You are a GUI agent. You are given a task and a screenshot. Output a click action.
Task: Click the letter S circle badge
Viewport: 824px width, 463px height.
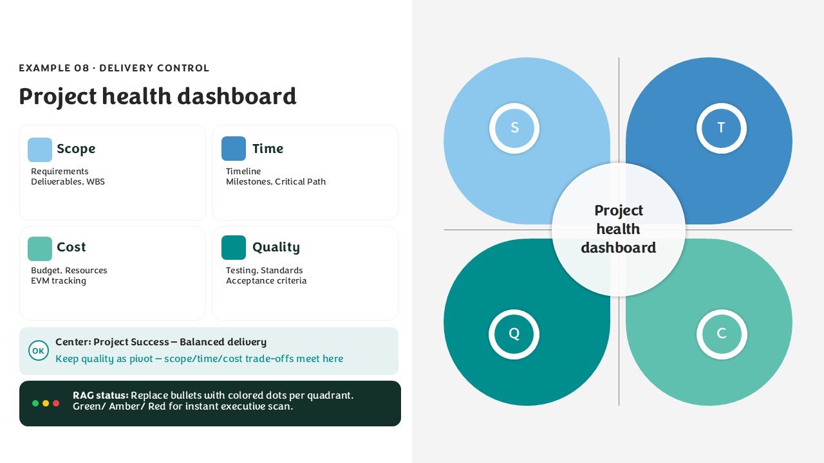tap(514, 128)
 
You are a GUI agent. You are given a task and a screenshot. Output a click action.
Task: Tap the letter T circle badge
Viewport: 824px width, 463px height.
tap(722, 128)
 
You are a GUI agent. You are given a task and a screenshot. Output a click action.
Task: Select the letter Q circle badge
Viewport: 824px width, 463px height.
tap(514, 334)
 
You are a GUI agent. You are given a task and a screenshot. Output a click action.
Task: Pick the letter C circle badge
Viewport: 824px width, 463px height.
tap(722, 334)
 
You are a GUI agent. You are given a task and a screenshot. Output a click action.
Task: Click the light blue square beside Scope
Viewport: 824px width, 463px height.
tap(40, 150)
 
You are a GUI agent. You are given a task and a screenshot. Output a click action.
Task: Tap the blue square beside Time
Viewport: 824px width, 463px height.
tap(234, 149)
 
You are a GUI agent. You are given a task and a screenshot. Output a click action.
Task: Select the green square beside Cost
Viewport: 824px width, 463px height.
tap(40, 249)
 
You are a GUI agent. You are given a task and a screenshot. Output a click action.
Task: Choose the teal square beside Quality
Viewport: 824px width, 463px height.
tap(234, 248)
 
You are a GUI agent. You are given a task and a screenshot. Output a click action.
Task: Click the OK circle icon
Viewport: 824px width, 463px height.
tap(38, 350)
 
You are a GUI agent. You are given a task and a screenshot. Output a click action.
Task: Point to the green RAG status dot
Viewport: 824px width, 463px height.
tap(35, 403)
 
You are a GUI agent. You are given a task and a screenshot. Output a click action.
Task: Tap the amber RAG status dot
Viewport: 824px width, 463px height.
tap(46, 403)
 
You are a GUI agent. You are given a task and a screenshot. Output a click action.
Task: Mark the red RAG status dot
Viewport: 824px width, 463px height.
tap(56, 403)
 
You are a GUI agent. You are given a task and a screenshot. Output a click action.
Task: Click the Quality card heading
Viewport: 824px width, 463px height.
tap(276, 248)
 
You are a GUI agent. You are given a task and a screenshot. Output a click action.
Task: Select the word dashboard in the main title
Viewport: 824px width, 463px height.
tap(236, 96)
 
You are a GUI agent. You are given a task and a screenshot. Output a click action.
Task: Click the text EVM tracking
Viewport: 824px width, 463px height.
tap(59, 281)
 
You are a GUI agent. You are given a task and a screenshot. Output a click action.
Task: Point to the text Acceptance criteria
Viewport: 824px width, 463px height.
tap(266, 281)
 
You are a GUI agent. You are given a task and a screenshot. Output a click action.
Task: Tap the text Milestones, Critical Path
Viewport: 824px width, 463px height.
tap(276, 181)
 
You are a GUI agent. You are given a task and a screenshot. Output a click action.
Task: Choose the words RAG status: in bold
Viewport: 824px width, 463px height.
tap(101, 395)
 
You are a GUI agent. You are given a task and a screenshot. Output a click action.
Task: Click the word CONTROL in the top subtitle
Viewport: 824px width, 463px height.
tap(183, 68)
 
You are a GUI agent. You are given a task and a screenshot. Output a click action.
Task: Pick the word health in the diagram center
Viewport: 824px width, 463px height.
tap(618, 229)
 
